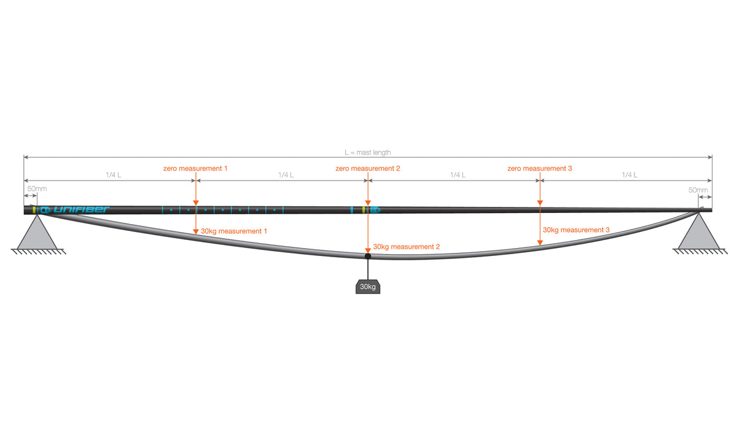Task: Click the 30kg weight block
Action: coord(368,287)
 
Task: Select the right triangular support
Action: coord(699,231)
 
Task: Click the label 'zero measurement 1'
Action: coord(195,168)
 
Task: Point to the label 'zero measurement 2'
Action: coord(367,168)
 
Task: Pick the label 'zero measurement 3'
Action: coord(540,168)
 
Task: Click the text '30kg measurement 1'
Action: coord(233,231)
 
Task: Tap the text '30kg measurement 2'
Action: coord(407,247)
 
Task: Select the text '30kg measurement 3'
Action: coord(576,230)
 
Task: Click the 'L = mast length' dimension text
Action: coord(367,153)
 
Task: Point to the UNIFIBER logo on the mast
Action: coord(81,209)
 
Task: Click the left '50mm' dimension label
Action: coord(37,189)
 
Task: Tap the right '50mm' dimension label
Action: coord(698,190)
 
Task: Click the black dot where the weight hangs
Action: coord(368,256)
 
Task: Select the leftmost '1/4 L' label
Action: coord(114,174)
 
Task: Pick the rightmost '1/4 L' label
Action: coord(630,174)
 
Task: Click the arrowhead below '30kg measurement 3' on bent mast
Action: coord(540,242)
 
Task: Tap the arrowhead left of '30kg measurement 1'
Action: coord(196,231)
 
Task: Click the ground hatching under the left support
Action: coord(38,252)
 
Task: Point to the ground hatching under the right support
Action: coord(700,252)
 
